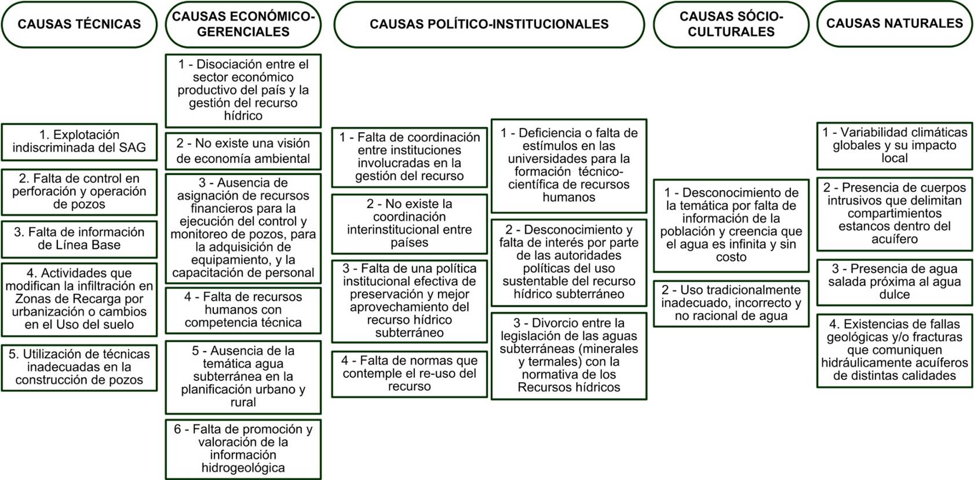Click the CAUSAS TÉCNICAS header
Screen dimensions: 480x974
[79, 24]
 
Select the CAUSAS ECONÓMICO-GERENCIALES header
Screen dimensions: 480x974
[243, 24]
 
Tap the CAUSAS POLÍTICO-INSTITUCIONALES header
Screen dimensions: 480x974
[489, 24]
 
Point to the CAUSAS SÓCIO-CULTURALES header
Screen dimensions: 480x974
[731, 24]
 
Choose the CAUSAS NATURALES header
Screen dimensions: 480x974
[894, 24]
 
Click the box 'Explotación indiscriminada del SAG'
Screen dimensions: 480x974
[79, 141]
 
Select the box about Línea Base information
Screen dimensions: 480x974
[79, 239]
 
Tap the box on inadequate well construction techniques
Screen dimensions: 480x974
[79, 367]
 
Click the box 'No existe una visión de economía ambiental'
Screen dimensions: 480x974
[243, 151]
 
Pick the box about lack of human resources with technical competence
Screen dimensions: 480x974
[243, 310]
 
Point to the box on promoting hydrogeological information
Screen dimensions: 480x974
[243, 449]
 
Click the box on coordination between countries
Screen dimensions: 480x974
[409, 224]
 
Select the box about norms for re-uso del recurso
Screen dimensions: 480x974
[409, 373]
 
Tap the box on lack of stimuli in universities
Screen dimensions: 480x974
[568, 165]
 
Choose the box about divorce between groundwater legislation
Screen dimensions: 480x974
[568, 355]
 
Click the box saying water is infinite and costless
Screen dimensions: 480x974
[731, 225]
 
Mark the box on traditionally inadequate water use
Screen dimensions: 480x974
[731, 303]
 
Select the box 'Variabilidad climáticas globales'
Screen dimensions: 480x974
[894, 145]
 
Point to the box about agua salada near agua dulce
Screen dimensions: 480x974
[894, 282]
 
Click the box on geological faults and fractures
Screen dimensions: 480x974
[894, 350]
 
